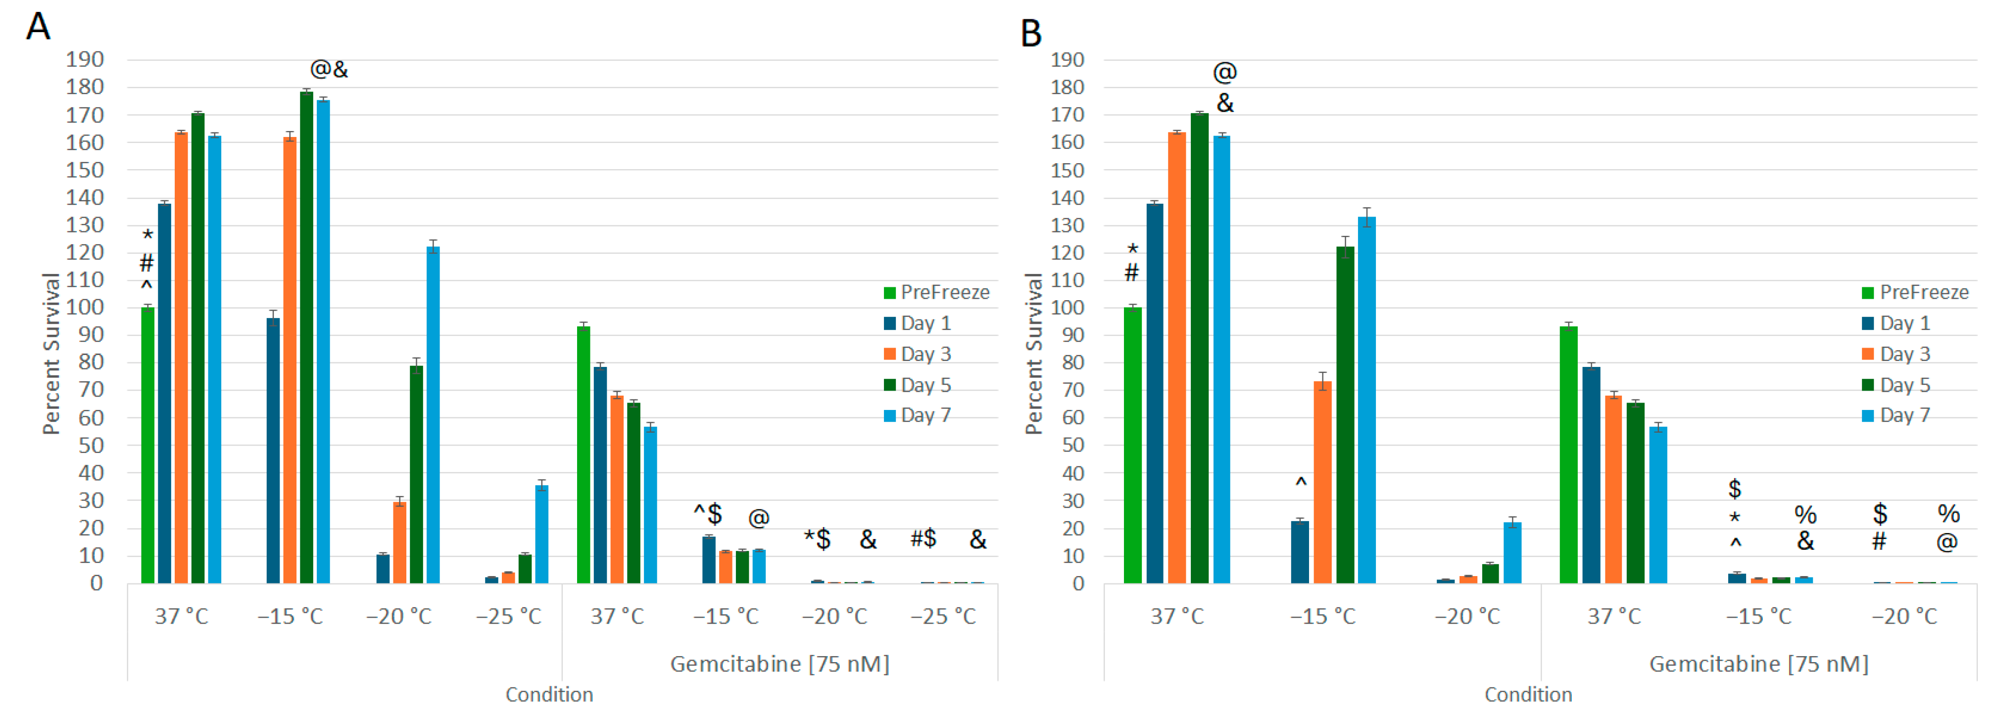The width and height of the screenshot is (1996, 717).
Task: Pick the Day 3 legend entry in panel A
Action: tap(918, 354)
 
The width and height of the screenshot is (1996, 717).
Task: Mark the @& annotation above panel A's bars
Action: tap(329, 70)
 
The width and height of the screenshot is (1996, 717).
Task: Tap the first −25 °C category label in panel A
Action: tap(508, 616)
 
